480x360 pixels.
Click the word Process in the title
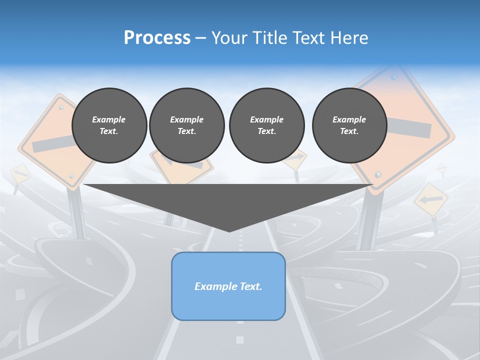click(x=157, y=38)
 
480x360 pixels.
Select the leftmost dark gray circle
click(x=109, y=125)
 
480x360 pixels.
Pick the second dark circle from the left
click(x=186, y=125)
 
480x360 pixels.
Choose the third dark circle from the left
click(x=266, y=125)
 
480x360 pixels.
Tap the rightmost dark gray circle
click(x=349, y=125)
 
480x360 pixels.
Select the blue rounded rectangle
click(x=228, y=286)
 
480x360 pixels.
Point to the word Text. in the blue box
click(x=250, y=286)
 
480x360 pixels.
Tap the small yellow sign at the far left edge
click(x=20, y=174)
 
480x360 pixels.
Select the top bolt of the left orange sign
click(x=61, y=107)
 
